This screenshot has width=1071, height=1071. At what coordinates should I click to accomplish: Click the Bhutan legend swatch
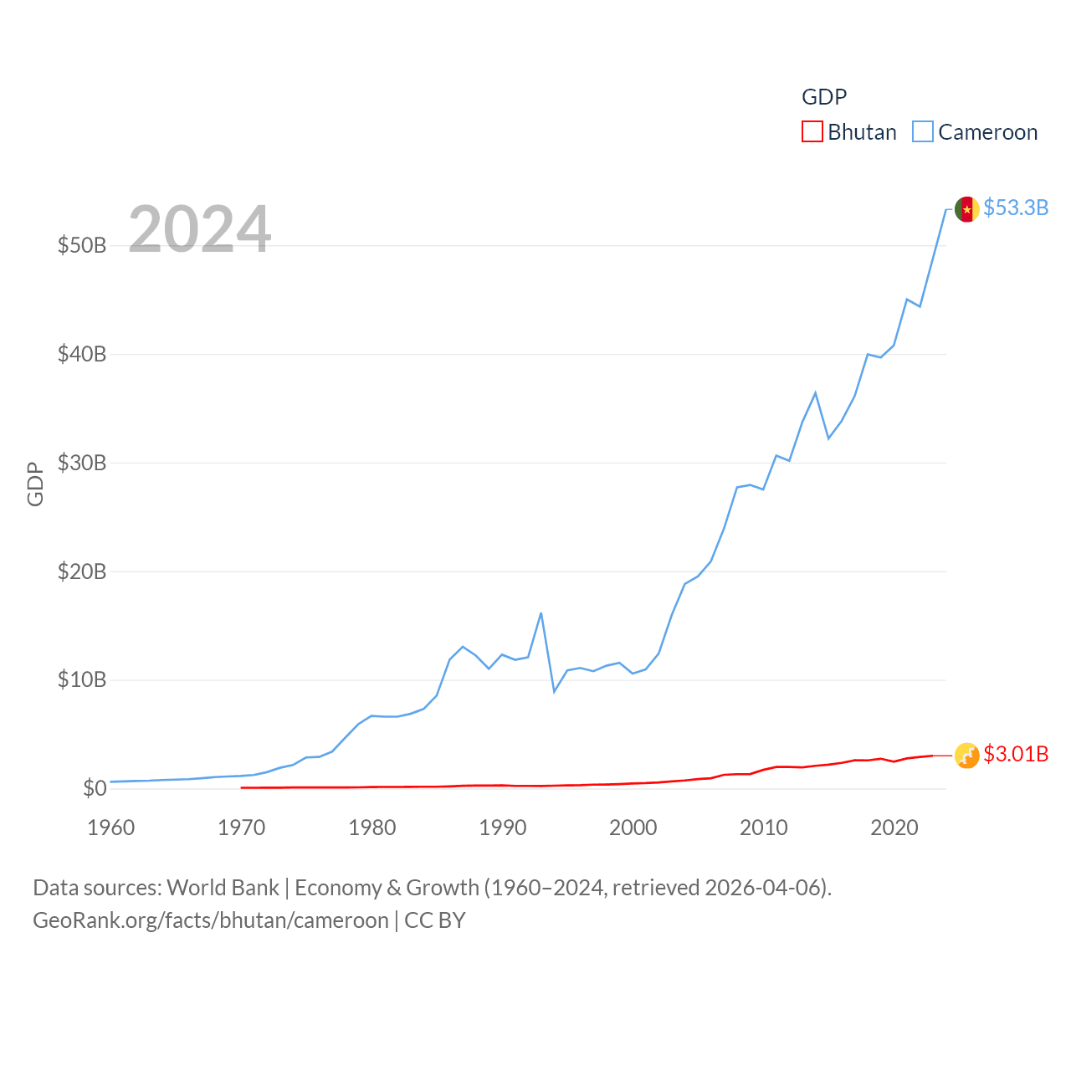812,132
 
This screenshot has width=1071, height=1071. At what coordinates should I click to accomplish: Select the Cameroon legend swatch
923,132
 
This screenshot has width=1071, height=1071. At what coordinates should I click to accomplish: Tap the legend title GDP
824,97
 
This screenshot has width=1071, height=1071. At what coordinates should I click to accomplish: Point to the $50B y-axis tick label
82,245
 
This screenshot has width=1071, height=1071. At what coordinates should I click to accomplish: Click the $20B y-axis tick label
82,571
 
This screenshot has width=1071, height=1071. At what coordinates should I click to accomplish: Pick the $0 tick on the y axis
95,788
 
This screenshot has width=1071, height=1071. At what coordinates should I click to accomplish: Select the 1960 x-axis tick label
110,828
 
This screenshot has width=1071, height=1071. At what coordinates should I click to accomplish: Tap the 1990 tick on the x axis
502,828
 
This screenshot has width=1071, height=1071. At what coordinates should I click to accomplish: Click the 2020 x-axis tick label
894,828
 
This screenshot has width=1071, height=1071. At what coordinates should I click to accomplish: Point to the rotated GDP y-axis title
35,484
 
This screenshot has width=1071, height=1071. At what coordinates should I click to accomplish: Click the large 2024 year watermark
199,228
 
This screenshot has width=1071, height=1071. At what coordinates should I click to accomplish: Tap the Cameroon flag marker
966,209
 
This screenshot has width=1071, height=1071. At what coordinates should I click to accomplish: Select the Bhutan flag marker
966,756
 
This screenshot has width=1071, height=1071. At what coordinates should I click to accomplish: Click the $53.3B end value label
1016,208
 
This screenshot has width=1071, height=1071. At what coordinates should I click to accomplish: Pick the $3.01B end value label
1016,754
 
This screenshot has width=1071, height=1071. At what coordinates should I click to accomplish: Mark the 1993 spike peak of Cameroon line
541,613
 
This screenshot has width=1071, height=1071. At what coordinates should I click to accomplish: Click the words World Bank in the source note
223,887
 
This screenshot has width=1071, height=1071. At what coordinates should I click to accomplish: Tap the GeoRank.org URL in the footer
210,920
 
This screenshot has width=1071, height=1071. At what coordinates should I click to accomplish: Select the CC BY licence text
435,920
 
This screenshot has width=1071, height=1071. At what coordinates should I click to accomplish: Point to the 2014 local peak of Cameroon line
815,392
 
